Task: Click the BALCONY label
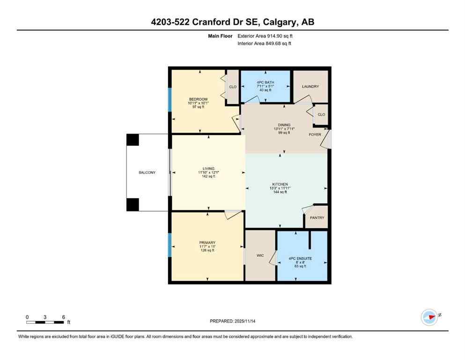tap(147, 172)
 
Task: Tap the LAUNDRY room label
tap(310, 86)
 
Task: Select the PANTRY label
tap(317, 218)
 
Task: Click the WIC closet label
tap(260, 255)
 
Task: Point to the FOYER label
tap(315, 135)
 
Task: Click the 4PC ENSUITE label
tap(300, 258)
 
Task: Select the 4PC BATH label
tap(265, 82)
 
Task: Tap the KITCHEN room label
tap(280, 184)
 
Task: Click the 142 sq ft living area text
tap(208, 176)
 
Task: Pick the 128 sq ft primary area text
tap(207, 250)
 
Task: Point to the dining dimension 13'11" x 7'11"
tap(284, 129)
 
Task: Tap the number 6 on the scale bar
tap(63, 317)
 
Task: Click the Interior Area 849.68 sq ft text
tap(264, 44)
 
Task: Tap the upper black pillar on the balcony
tap(133, 140)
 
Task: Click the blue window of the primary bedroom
tap(170, 244)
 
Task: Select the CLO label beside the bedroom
tap(232, 87)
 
